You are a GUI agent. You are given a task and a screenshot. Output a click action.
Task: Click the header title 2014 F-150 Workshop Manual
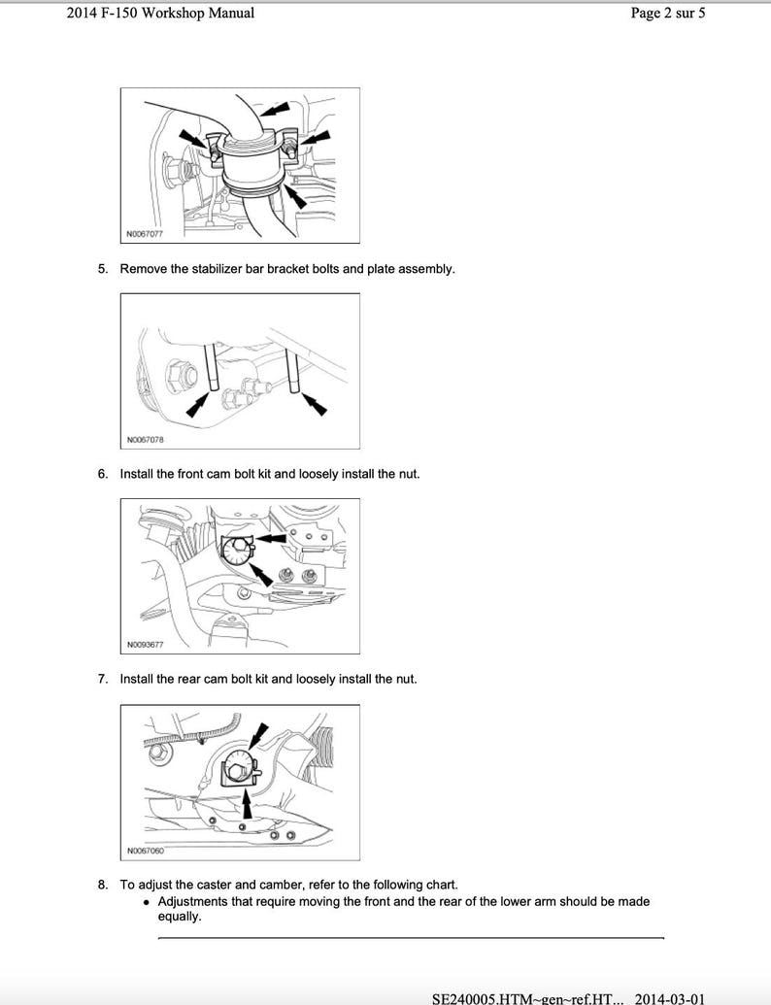(160, 13)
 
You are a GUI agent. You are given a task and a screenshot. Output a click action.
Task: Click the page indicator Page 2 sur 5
(668, 13)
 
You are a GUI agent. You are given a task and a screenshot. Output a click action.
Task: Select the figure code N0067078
(145, 440)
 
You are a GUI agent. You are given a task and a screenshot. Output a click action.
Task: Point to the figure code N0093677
(145, 645)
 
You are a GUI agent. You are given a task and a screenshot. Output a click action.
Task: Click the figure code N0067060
(145, 852)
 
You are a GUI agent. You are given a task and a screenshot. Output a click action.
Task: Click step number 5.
(102, 268)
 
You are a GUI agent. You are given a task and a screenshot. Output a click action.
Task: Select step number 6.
(102, 474)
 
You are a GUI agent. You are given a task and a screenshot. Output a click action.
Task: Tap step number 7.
(102, 679)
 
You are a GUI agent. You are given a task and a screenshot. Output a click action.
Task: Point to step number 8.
(102, 885)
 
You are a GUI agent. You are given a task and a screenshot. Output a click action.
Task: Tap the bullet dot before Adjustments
(146, 902)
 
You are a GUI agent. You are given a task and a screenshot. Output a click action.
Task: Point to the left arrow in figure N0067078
(198, 405)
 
